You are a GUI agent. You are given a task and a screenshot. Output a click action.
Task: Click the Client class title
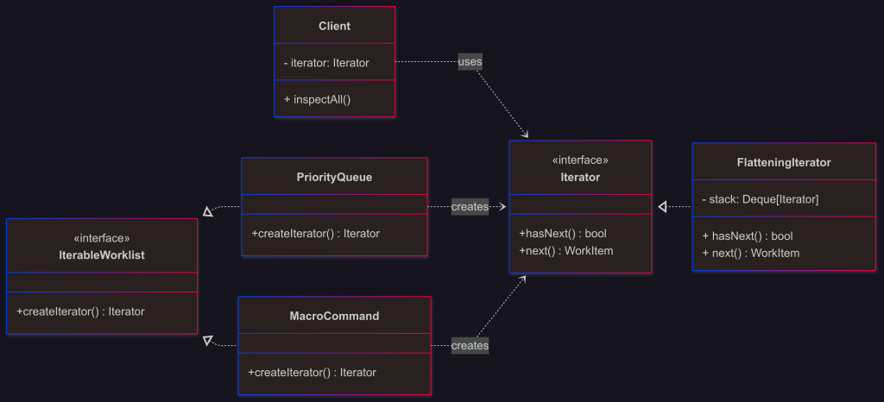pyautogui.click(x=334, y=26)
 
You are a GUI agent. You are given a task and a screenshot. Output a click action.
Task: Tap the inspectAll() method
pyautogui.click(x=317, y=99)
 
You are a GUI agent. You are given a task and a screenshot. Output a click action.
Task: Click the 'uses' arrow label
pyautogui.click(x=470, y=62)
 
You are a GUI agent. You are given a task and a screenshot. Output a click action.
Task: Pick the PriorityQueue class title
pyautogui.click(x=334, y=177)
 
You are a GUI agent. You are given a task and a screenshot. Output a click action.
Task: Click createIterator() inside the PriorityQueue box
pyautogui.click(x=315, y=233)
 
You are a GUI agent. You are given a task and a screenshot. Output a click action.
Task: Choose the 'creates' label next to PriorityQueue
pyautogui.click(x=470, y=207)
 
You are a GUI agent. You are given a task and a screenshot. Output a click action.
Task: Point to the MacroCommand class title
pyautogui.click(x=334, y=316)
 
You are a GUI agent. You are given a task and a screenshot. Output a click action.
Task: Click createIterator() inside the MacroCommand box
pyautogui.click(x=312, y=373)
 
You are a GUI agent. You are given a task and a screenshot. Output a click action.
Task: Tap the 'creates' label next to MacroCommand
pyautogui.click(x=470, y=346)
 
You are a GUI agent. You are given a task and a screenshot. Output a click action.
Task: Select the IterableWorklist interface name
pyautogui.click(x=102, y=254)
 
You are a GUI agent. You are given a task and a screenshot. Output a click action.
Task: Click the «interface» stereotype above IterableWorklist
pyautogui.click(x=102, y=238)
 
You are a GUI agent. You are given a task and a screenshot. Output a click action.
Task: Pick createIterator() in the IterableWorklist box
pyautogui.click(x=80, y=311)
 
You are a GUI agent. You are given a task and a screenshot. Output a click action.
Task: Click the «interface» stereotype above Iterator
pyautogui.click(x=580, y=160)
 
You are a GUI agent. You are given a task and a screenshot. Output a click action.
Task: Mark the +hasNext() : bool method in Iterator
pyautogui.click(x=563, y=233)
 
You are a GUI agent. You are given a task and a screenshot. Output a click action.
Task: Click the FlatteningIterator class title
pyautogui.click(x=784, y=162)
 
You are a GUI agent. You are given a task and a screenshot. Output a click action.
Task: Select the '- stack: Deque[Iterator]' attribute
pyautogui.click(x=760, y=199)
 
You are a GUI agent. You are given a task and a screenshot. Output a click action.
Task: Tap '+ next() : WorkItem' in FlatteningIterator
pyautogui.click(x=750, y=253)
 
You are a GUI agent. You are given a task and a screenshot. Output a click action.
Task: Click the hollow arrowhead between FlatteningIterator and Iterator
pyautogui.click(x=663, y=207)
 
